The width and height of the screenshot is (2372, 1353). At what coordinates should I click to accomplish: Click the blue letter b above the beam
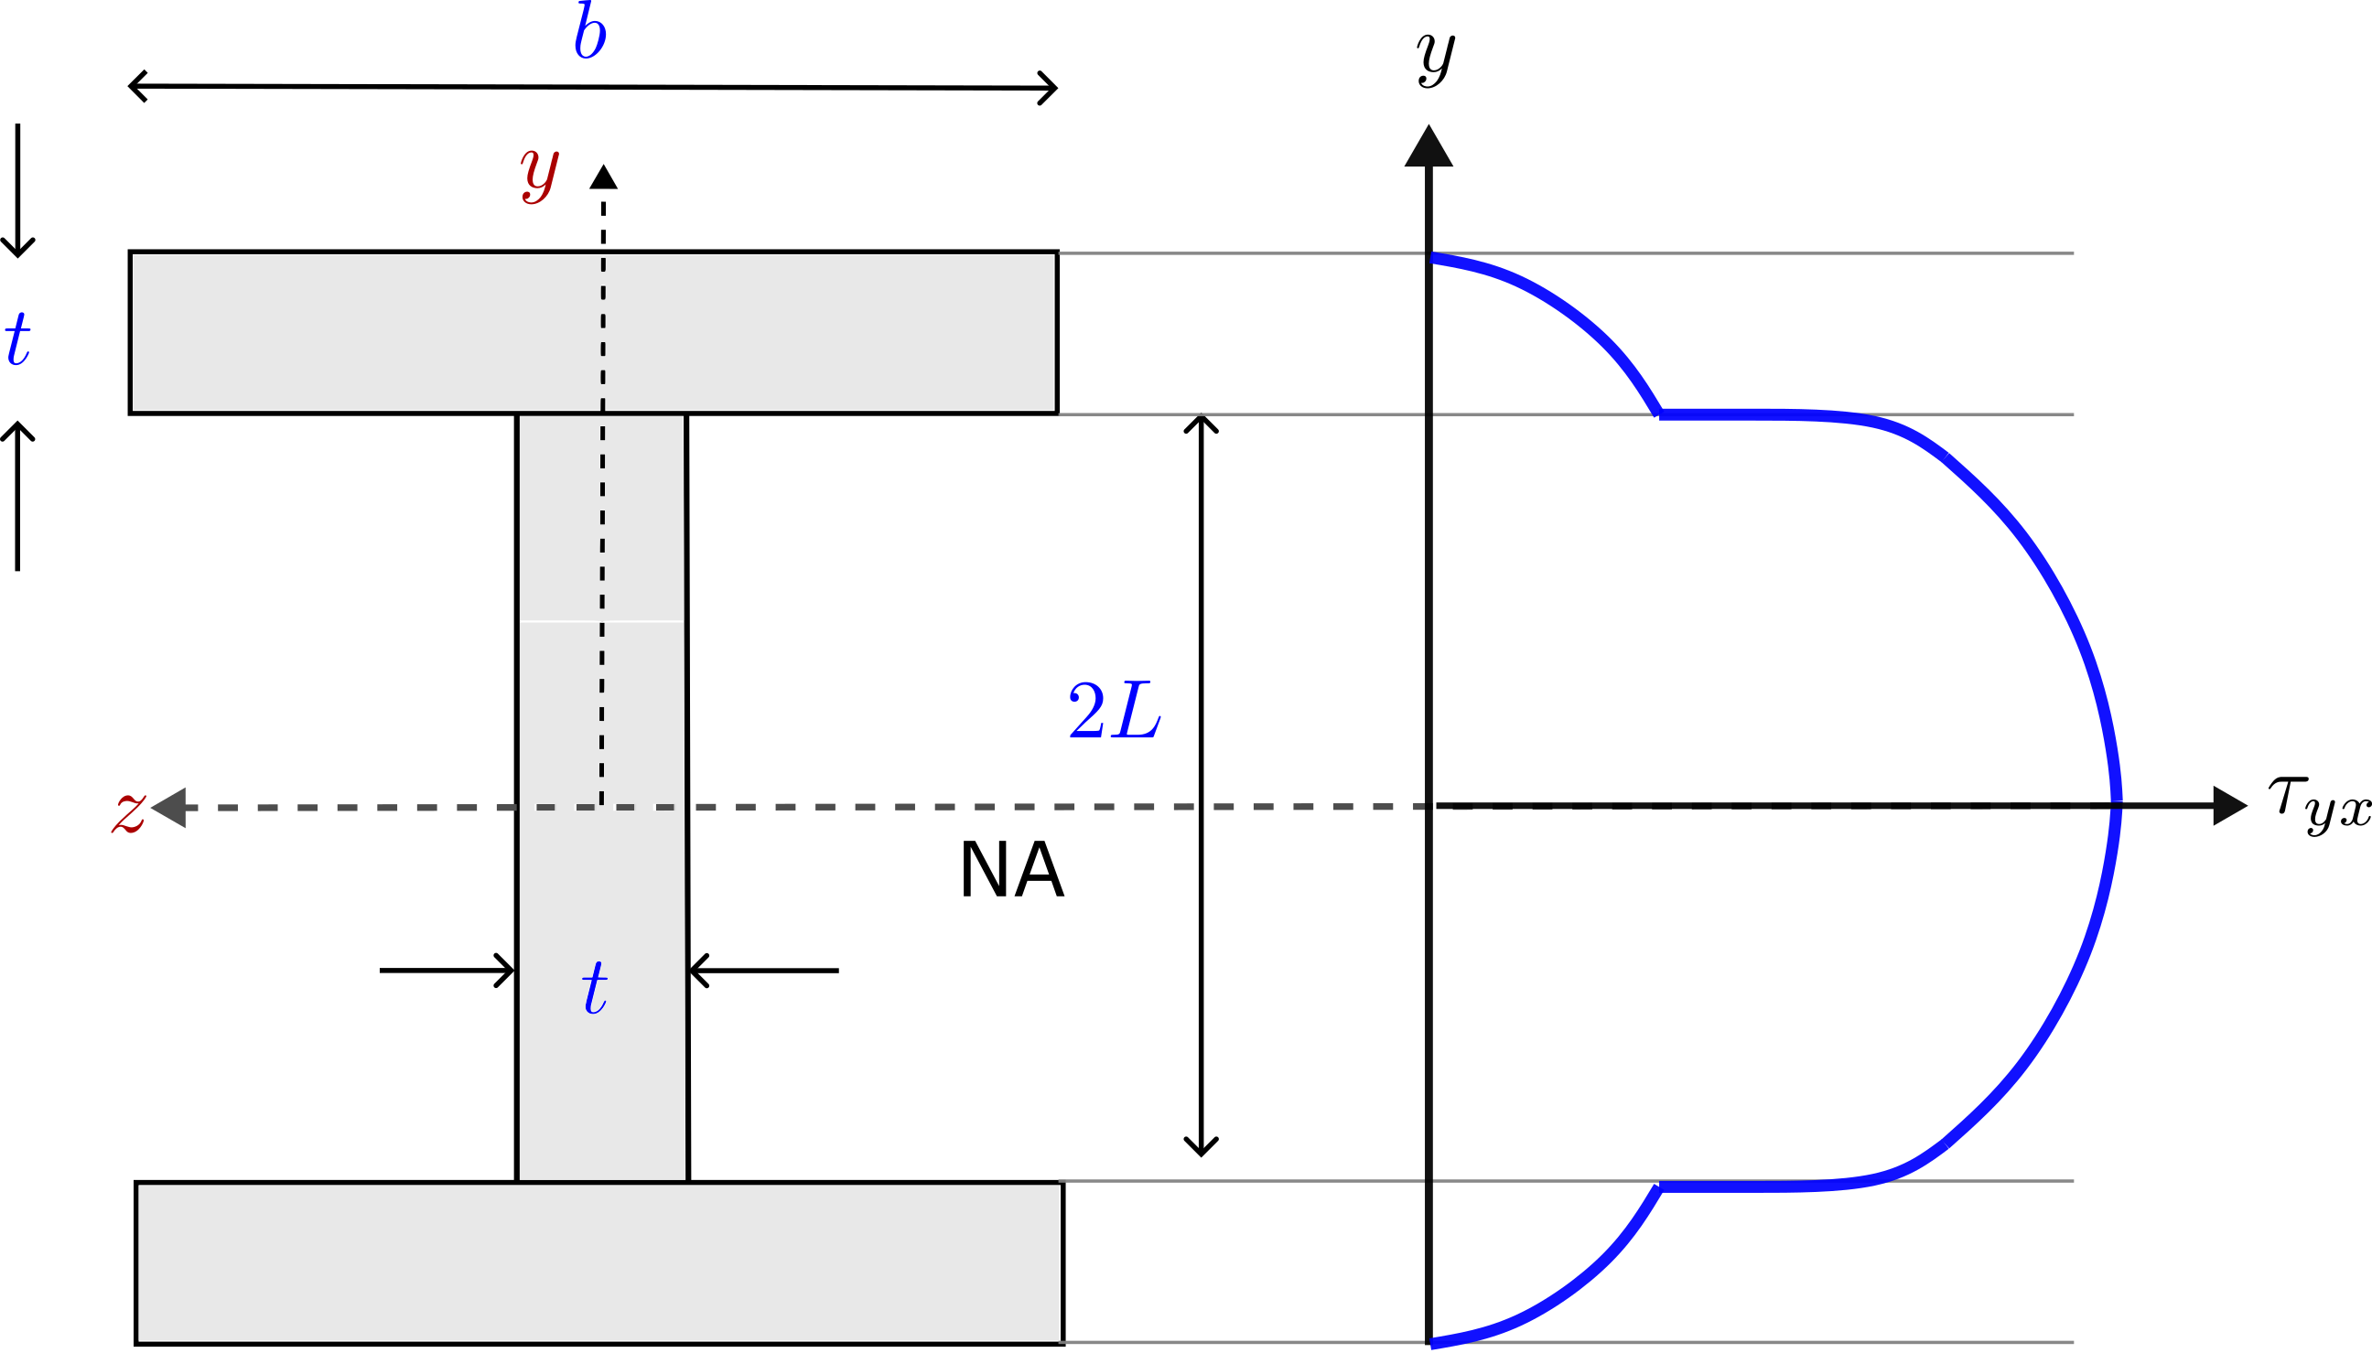pyautogui.click(x=590, y=33)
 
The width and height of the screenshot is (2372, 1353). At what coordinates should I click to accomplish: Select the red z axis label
pyautogui.click(x=129, y=811)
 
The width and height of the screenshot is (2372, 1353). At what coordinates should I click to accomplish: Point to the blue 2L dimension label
pyautogui.click(x=1115, y=711)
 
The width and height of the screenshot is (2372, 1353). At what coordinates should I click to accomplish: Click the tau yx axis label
pyautogui.click(x=2319, y=805)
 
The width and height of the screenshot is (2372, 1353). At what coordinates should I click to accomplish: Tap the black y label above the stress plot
pyautogui.click(x=1437, y=58)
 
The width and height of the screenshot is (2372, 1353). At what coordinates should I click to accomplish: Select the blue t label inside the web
pyautogui.click(x=595, y=987)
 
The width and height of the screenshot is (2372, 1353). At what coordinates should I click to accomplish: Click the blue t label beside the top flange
pyautogui.click(x=17, y=338)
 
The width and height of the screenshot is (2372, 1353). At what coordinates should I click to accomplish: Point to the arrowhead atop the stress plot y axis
pyautogui.click(x=1429, y=145)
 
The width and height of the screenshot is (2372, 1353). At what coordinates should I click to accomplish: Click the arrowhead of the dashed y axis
pyautogui.click(x=603, y=177)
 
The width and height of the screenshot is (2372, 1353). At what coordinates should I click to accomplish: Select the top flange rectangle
pyautogui.click(x=593, y=333)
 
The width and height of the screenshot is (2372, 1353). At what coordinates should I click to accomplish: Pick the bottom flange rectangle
pyautogui.click(x=599, y=1262)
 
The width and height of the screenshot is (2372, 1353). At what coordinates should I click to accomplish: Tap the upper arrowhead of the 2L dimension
pyautogui.click(x=1201, y=424)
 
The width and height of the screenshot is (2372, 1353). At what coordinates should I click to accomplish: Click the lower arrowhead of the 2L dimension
pyautogui.click(x=1201, y=1146)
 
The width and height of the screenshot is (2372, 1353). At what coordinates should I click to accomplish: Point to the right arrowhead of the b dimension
pyautogui.click(x=1049, y=89)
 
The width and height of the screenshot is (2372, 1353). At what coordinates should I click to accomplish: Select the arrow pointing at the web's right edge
pyautogui.click(x=764, y=970)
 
